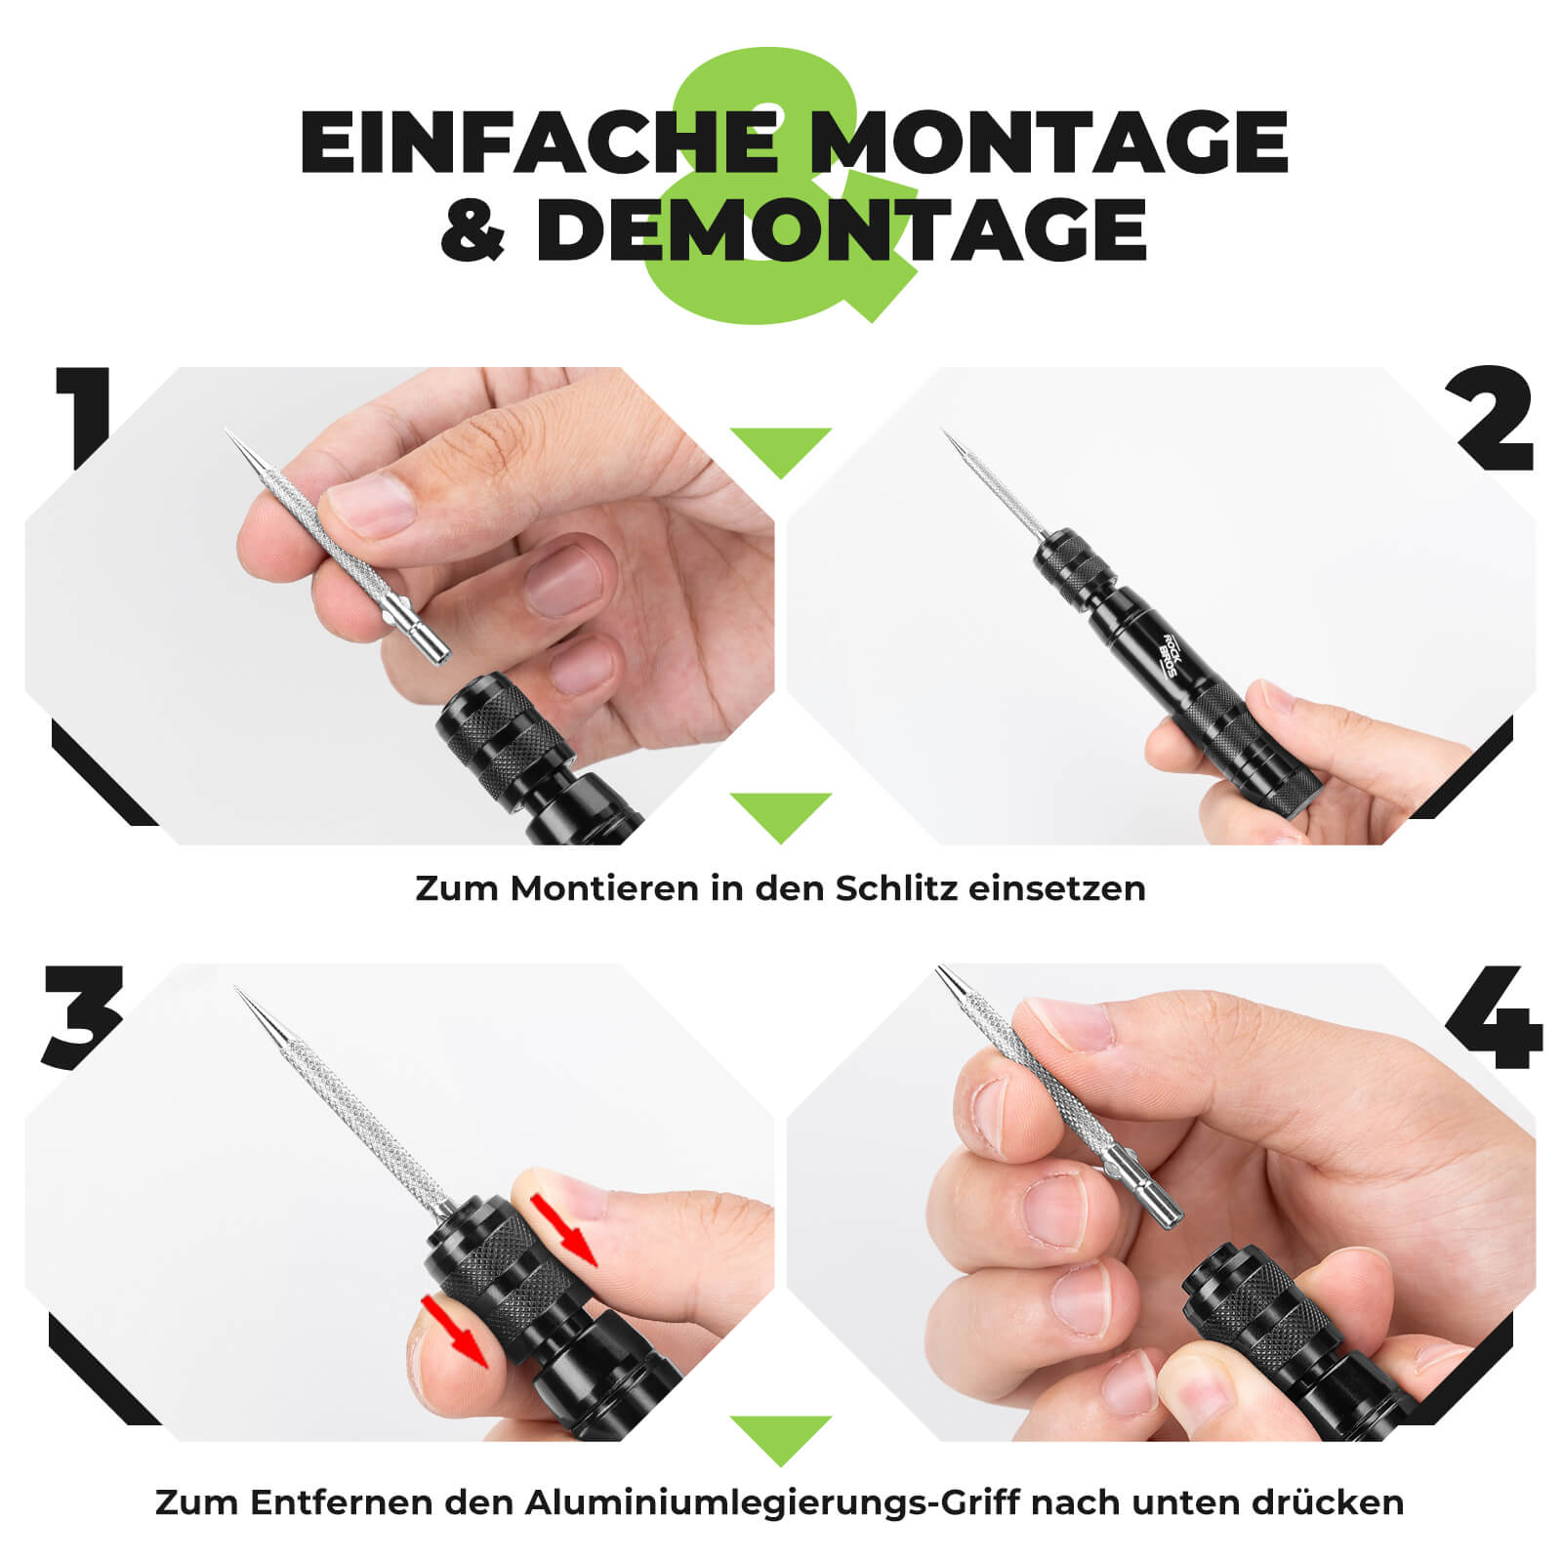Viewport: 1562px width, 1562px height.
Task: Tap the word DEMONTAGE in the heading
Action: coord(840,229)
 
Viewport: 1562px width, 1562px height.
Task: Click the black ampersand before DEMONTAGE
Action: coord(473,230)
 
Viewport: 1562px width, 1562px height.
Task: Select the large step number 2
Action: coord(1495,420)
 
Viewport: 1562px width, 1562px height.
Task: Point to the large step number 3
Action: coord(83,1015)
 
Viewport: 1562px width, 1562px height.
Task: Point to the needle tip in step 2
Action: coord(945,432)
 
